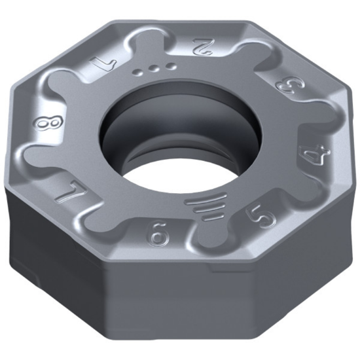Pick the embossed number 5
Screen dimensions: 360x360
[262, 217]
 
